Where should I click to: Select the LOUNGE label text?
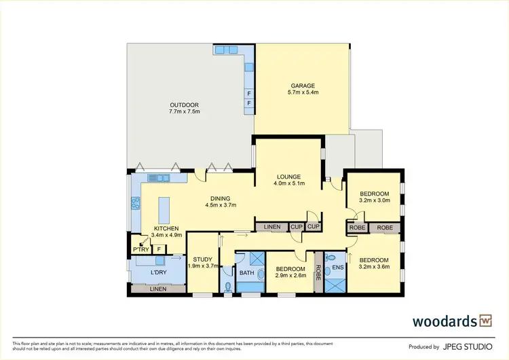(x=288, y=177)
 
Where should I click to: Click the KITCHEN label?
(x=166, y=228)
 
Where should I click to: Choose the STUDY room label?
(x=202, y=259)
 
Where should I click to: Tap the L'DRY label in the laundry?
(x=158, y=272)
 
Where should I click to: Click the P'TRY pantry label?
(x=140, y=249)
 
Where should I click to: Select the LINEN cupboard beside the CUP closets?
(x=271, y=226)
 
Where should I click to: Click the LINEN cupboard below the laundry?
(x=157, y=289)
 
